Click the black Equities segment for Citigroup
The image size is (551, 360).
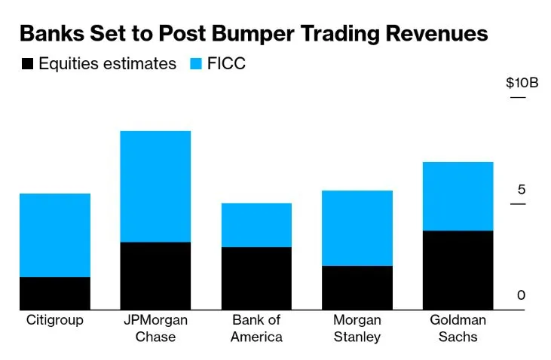point(55,293)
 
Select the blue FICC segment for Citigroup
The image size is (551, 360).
point(55,235)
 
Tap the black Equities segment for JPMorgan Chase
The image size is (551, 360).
point(155,276)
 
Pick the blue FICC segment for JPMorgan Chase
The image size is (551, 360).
point(155,186)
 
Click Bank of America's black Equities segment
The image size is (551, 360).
point(256,278)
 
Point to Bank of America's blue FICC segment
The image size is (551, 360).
point(256,224)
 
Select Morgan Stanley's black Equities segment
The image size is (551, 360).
point(357,287)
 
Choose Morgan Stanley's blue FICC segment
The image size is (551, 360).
point(357,227)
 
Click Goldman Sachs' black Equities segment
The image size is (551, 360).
point(458,270)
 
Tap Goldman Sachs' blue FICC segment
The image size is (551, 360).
point(458,196)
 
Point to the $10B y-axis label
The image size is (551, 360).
point(522,83)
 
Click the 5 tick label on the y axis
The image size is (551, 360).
point(521,190)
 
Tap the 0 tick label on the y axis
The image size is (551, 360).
point(521,296)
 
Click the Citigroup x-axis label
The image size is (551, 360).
point(55,320)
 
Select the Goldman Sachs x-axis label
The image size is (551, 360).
point(458,328)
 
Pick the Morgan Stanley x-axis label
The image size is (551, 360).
point(357,328)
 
